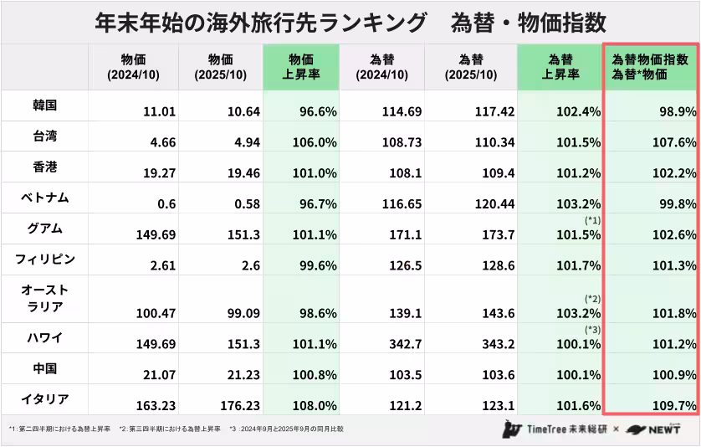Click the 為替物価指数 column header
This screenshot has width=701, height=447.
(650, 67)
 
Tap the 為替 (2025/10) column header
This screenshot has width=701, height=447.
(471, 67)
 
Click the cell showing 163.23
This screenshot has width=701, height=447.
(156, 406)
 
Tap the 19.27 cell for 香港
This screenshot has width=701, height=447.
(156, 173)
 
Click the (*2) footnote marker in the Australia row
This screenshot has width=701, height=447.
(592, 299)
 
